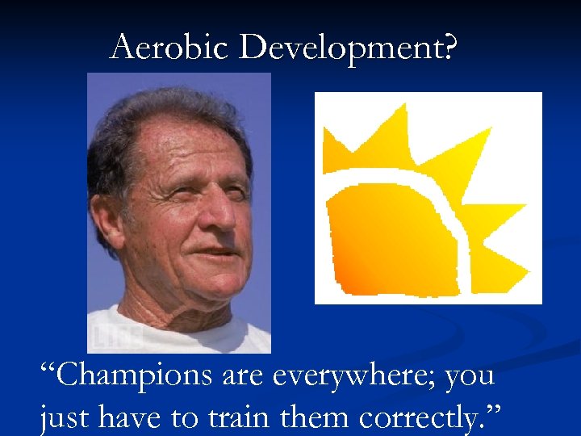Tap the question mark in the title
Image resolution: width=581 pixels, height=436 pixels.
[449, 48]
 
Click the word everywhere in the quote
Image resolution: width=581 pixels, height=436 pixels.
[359, 376]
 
